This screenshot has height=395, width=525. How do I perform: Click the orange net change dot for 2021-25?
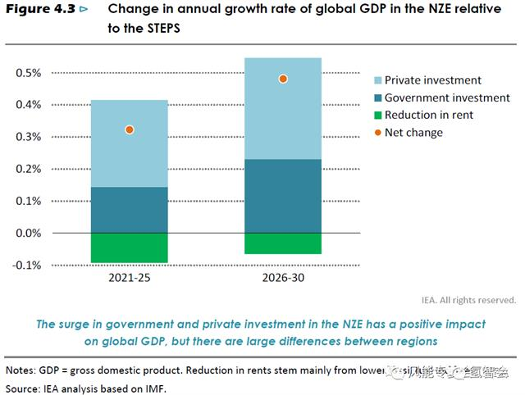pyautogui.click(x=129, y=129)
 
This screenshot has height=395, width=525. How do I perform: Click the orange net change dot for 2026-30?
pyautogui.click(x=283, y=79)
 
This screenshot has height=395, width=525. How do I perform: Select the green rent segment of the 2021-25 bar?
pyautogui.click(x=129, y=247)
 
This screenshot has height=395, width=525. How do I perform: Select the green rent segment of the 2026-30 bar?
pyautogui.click(x=283, y=243)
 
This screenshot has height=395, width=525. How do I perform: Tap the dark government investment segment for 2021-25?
pyautogui.click(x=129, y=210)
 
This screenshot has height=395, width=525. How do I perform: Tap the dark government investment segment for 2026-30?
pyautogui.click(x=283, y=196)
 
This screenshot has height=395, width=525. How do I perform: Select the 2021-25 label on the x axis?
pyautogui.click(x=129, y=279)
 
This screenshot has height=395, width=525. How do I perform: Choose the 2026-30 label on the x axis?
pyautogui.click(x=283, y=279)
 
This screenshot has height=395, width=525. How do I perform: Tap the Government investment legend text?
pyautogui.click(x=447, y=98)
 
